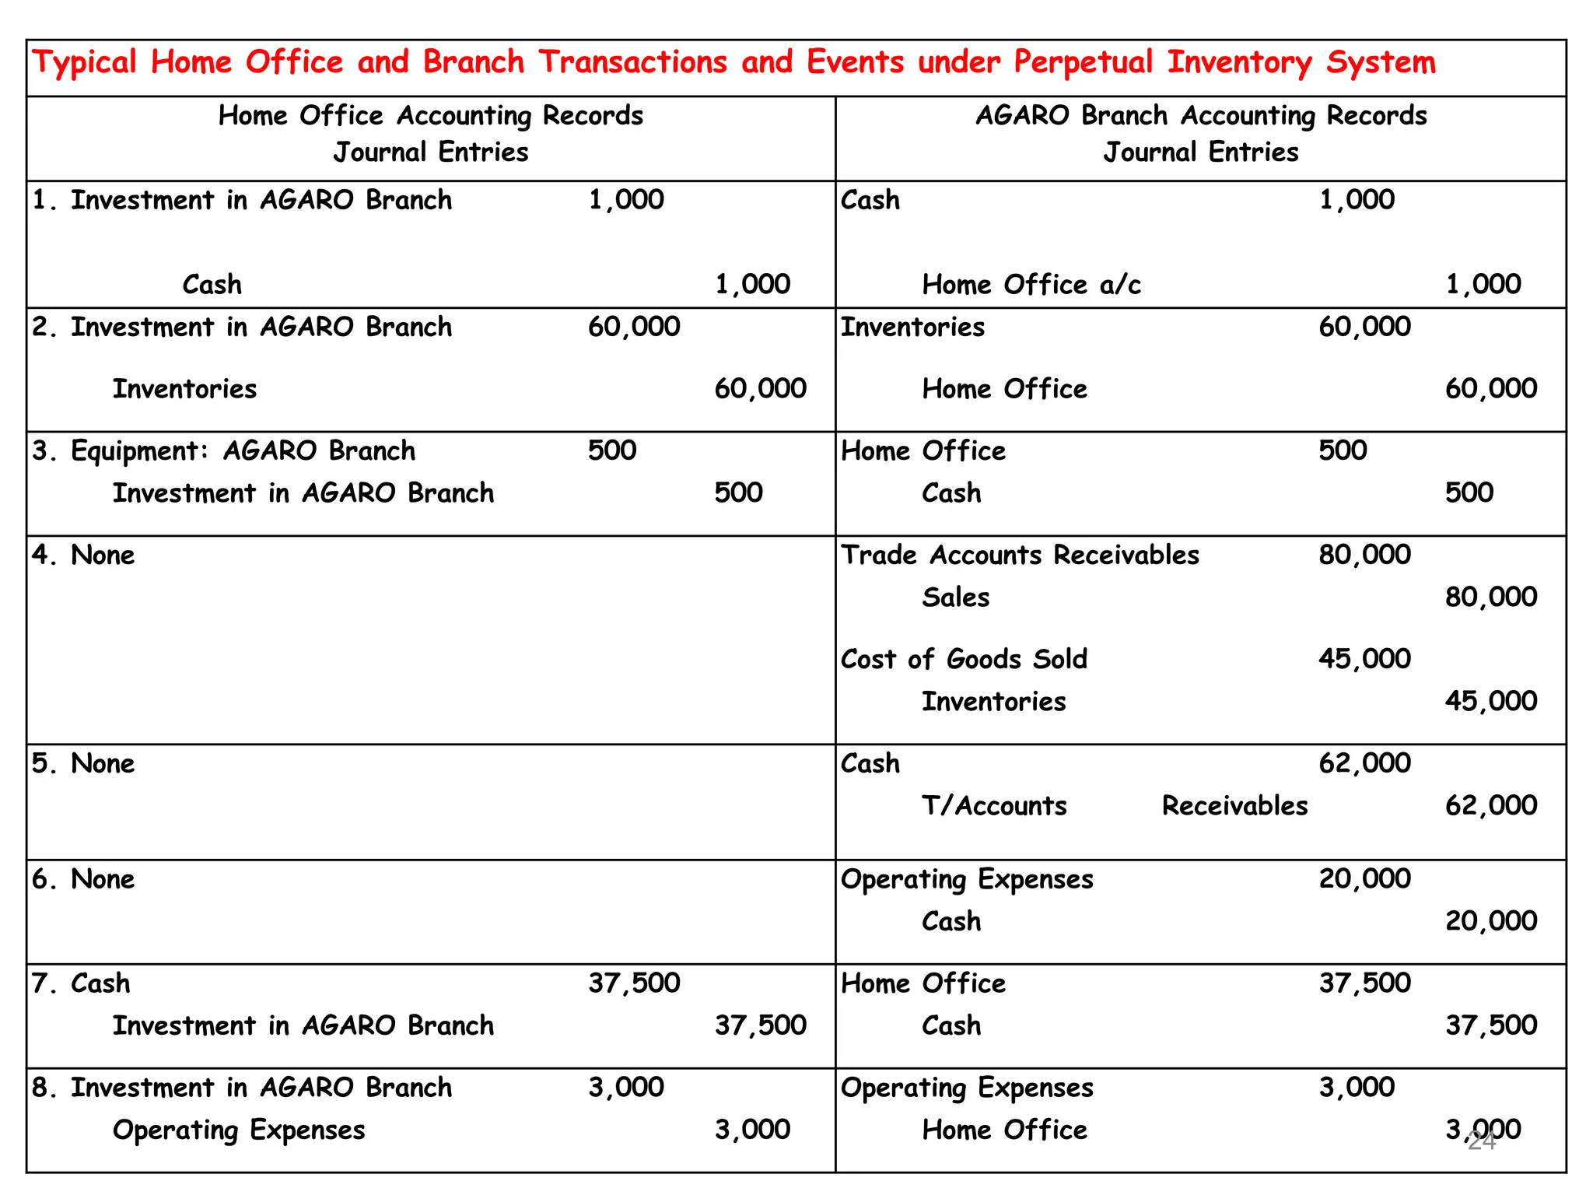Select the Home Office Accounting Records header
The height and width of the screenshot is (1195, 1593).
[x=430, y=116]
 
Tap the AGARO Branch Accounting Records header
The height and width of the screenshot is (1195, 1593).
[x=1201, y=116]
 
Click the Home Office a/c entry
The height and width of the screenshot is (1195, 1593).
[x=1031, y=285]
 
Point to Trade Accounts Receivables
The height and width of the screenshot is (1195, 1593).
[x=1020, y=555]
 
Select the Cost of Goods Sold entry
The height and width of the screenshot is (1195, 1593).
[x=964, y=660]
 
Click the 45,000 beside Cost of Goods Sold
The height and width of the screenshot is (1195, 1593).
[x=1364, y=659]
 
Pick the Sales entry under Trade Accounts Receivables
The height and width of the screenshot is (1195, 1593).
[x=955, y=597]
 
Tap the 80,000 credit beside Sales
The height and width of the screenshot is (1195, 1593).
[x=1490, y=597]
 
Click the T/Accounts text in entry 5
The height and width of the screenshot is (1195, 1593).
[x=994, y=806]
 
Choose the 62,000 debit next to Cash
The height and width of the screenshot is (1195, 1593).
[x=1364, y=763]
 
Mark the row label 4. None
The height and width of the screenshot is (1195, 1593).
[x=83, y=555]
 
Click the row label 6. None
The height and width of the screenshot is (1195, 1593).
[x=83, y=880]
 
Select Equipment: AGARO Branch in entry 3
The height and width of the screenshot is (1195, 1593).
[x=242, y=451]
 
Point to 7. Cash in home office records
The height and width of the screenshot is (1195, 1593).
[x=82, y=984]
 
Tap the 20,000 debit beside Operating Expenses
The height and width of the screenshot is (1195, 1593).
[x=1364, y=879]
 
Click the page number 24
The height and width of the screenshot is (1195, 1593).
[x=1481, y=1141]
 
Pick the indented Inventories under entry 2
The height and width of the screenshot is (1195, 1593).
[x=184, y=389]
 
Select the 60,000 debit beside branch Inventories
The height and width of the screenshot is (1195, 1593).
[x=1364, y=327]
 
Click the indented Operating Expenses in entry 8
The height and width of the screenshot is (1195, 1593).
[x=239, y=1130]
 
